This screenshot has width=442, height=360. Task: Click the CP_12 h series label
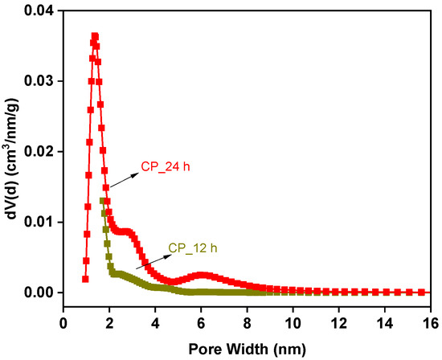tap(192, 248)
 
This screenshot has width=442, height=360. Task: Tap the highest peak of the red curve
tap(95, 36)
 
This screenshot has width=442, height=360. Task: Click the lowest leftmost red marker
tap(85, 279)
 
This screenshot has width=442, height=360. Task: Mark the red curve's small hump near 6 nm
tap(202, 275)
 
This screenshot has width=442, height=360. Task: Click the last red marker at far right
tap(422, 292)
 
